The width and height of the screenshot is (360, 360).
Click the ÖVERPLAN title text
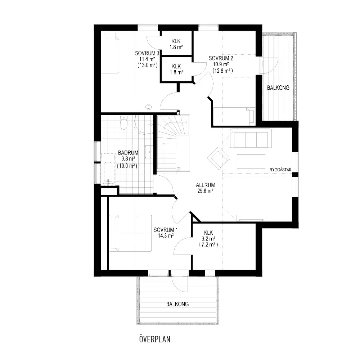pos(155,339)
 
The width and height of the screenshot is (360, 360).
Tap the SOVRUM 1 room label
pos(166,230)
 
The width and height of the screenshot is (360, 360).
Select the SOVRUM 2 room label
pos(221,58)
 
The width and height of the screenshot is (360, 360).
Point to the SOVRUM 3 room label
pos(147,53)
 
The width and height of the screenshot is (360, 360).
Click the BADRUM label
pos(128,153)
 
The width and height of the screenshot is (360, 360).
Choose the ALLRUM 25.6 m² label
pos(206,188)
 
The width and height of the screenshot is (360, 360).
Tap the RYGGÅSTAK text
pos(280,170)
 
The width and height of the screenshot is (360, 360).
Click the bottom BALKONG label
pos(177,304)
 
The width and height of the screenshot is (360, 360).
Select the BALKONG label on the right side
pos(278,87)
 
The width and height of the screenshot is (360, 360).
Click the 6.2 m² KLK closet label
pos(208,239)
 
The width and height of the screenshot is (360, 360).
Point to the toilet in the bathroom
pos(124,123)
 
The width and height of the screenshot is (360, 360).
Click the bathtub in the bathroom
pos(108,169)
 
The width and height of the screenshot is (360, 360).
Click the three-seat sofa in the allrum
pos(251,138)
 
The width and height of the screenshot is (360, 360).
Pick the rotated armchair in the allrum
pos(219,158)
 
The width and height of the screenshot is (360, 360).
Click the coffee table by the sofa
pos(251,162)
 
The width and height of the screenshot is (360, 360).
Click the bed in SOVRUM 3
pos(110,52)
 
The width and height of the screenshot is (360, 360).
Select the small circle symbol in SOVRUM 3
pos(149,107)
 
